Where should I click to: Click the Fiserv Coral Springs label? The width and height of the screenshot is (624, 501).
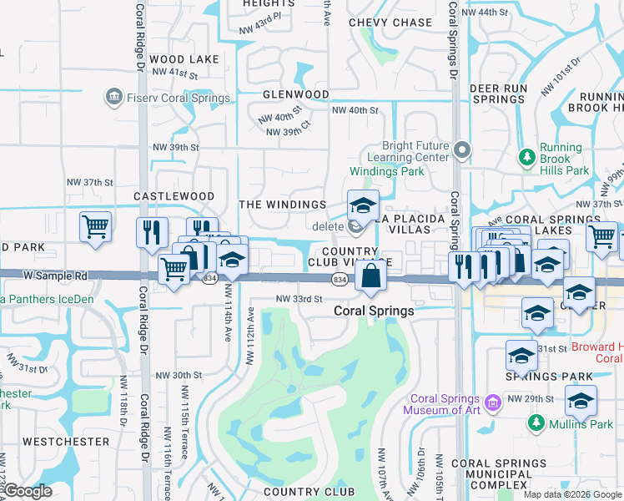(x=179, y=98)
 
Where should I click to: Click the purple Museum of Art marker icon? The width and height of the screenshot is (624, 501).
(x=494, y=404)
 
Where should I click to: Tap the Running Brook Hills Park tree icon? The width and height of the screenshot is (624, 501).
(x=526, y=157)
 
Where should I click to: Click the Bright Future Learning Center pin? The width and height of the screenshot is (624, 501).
(x=463, y=150)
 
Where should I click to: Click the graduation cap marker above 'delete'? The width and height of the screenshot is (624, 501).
(x=363, y=206)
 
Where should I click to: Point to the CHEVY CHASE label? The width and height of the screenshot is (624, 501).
(x=390, y=23)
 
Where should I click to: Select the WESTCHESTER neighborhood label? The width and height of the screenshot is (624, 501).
(x=66, y=441)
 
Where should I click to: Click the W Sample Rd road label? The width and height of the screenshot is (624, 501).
(x=56, y=275)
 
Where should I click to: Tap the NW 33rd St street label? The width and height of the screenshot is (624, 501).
(x=298, y=298)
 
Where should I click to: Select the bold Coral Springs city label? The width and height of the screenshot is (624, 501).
(x=374, y=311)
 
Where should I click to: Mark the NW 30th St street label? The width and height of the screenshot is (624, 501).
(x=179, y=376)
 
